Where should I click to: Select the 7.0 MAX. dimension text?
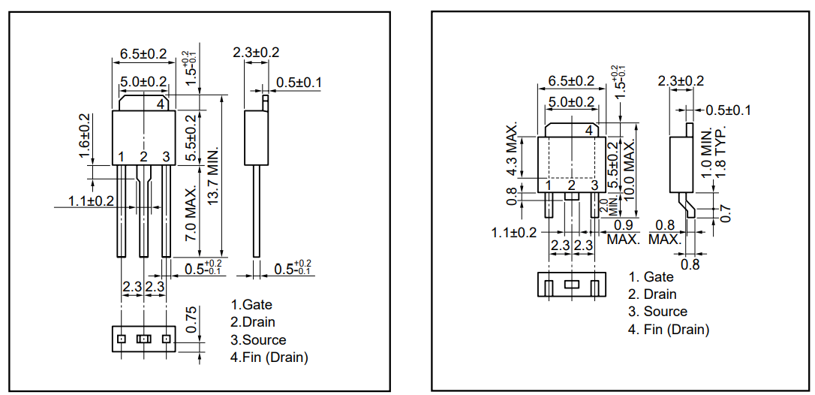click(191, 213)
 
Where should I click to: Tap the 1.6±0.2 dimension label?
click(85, 137)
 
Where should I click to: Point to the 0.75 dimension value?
click(191, 320)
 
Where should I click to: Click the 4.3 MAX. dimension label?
click(512, 151)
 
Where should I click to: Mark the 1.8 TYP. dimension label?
click(720, 152)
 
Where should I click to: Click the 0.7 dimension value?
click(726, 213)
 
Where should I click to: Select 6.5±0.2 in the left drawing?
click(143, 53)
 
